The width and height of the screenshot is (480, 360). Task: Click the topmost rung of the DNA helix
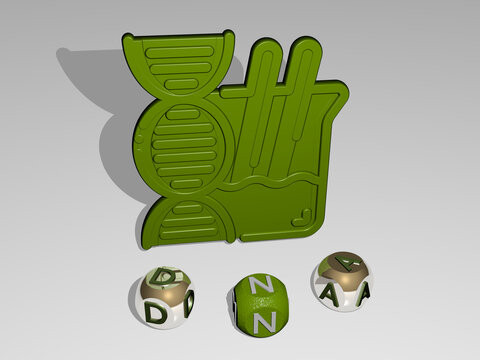coord(180,52)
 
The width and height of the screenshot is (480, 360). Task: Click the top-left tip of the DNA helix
coord(128,37)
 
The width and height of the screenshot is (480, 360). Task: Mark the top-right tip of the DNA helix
coord(228,34)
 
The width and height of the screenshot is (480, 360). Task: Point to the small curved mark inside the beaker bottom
coord(302,218)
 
